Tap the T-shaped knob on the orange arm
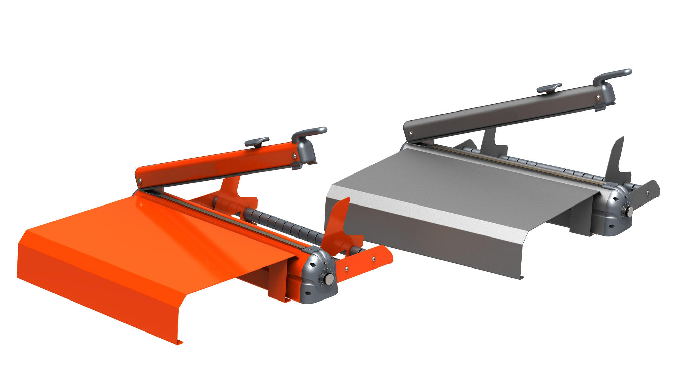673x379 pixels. click(x=256, y=141)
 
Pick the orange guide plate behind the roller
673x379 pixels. click(x=232, y=192)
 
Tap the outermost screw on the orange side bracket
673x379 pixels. click(x=373, y=259)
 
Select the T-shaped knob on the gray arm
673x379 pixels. click(x=549, y=88)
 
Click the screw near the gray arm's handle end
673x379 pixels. click(x=597, y=98)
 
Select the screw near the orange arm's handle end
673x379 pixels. click(x=295, y=155)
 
